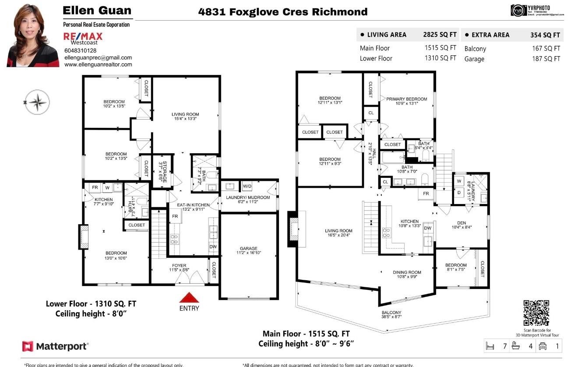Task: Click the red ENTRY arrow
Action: (x=190, y=297)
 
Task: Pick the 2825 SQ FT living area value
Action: (x=440, y=35)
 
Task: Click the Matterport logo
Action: (x=55, y=346)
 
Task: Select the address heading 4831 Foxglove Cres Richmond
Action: (x=283, y=12)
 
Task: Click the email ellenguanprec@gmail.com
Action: (x=98, y=57)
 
